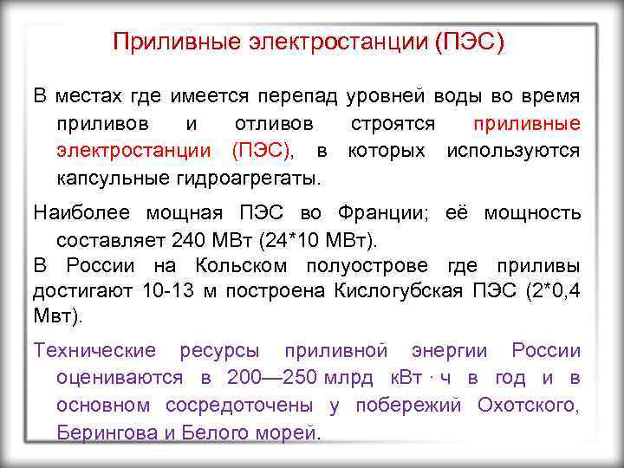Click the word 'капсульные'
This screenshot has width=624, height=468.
107,179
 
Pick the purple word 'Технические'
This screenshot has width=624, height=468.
94,350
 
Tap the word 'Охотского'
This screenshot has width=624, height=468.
530,405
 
